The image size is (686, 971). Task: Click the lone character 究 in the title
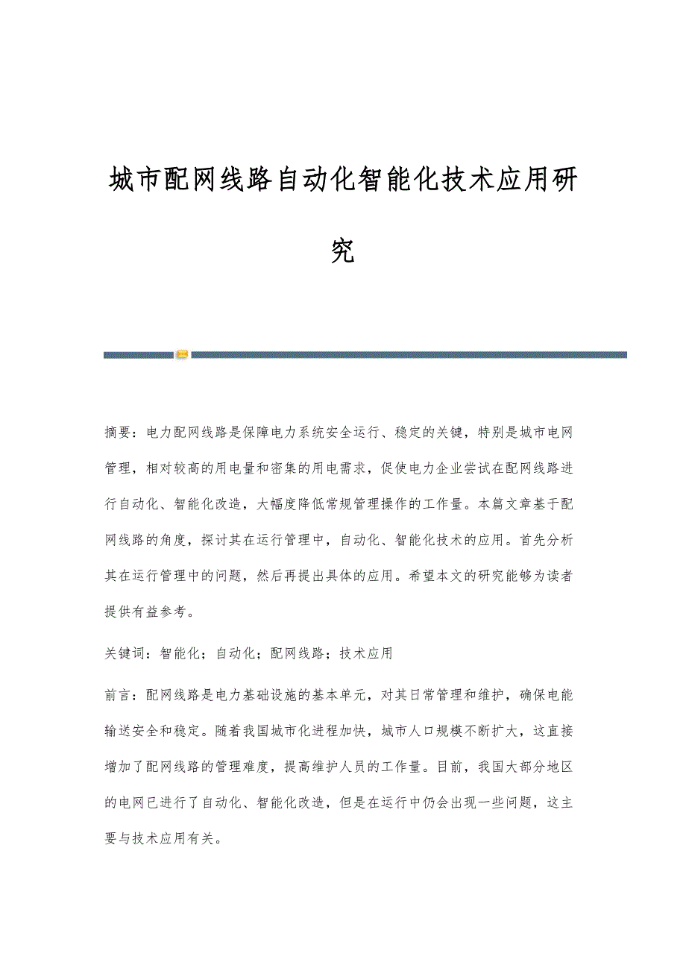(x=343, y=251)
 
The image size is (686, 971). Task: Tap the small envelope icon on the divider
(x=182, y=354)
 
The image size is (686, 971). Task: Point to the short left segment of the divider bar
(x=139, y=355)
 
